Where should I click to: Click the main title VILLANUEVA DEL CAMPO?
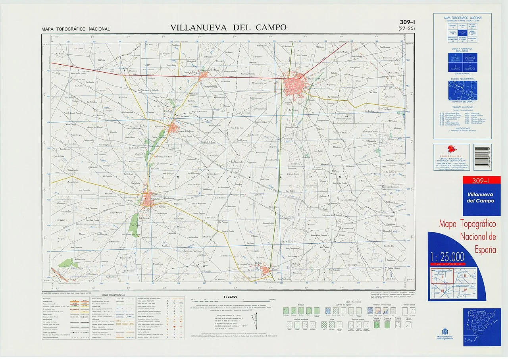(228, 27)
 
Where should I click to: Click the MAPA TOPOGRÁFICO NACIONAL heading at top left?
(75, 29)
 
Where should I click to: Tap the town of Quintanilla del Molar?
(205, 75)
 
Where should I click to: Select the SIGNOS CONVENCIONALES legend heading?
(113, 295)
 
